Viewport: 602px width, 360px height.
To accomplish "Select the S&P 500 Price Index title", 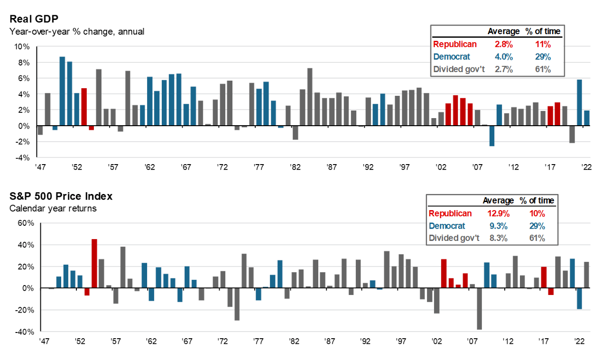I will (61, 196).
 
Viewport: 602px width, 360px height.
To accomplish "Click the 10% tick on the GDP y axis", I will (22, 46).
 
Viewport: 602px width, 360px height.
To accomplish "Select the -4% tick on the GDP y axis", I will (23, 157).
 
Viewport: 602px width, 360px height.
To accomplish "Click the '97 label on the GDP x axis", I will (404, 167).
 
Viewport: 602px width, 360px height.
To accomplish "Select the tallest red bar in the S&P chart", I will (94, 263).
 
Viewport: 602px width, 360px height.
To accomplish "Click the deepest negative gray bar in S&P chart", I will (479, 309).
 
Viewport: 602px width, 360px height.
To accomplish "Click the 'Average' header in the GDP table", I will (503, 31).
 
